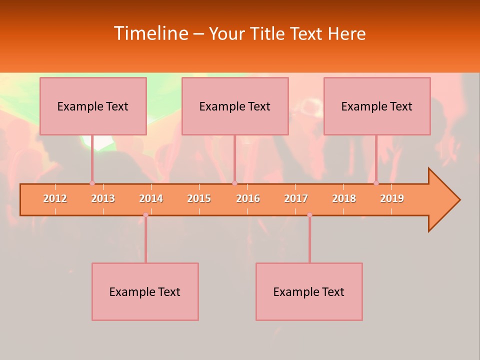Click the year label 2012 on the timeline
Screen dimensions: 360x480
coord(55,198)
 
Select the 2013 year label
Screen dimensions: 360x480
coord(103,198)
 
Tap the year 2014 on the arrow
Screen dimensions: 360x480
coord(151,198)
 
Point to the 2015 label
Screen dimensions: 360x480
coord(199,198)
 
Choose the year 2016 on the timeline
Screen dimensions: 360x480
coord(248,198)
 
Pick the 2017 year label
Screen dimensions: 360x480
coord(296,198)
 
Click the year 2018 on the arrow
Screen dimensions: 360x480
coord(344,198)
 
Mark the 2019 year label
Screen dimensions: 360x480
coord(392,198)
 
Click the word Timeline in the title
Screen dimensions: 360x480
coord(150,33)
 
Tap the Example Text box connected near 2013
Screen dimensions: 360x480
coord(93,106)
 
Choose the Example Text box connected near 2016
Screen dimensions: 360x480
coord(235,106)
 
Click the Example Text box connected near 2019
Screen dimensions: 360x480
coord(377,106)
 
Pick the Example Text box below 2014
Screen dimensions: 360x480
coord(145,291)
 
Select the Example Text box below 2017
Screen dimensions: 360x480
coord(309,291)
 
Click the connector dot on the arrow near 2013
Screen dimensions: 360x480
coord(92,183)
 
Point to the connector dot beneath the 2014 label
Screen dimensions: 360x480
coord(145,215)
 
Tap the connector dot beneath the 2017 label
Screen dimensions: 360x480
coord(309,215)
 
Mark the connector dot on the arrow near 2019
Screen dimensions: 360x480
coord(376,183)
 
